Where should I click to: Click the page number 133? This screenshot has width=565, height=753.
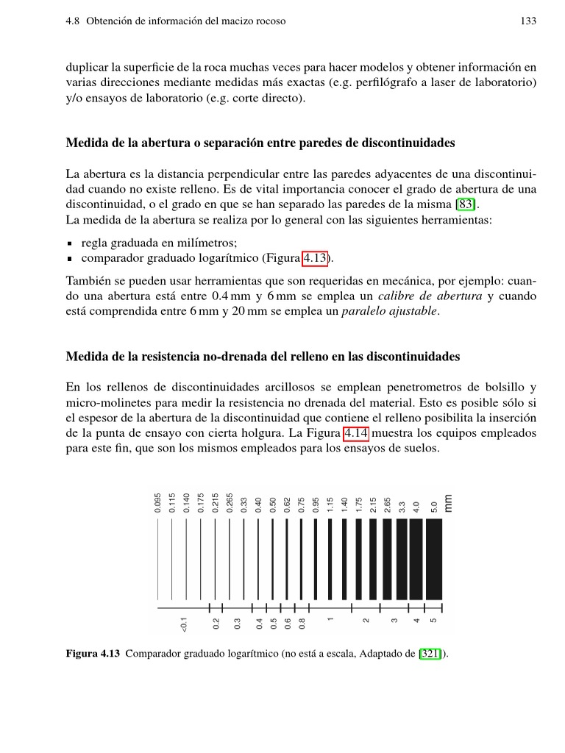[527, 21]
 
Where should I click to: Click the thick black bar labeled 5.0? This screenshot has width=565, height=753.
[434, 560]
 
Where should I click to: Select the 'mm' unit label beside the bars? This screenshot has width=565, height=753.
[449, 502]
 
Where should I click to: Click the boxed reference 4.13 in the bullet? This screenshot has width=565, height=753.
[316, 257]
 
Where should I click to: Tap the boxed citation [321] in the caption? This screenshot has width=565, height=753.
[430, 653]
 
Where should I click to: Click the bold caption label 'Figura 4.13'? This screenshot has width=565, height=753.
[93, 653]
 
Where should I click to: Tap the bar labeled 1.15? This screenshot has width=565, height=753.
[330, 560]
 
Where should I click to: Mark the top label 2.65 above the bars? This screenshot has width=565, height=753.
[388, 504]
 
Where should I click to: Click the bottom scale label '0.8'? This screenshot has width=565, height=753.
[302, 624]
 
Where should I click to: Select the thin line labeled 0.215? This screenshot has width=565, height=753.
[215, 560]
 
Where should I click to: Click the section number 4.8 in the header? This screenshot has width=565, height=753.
[74, 21]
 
